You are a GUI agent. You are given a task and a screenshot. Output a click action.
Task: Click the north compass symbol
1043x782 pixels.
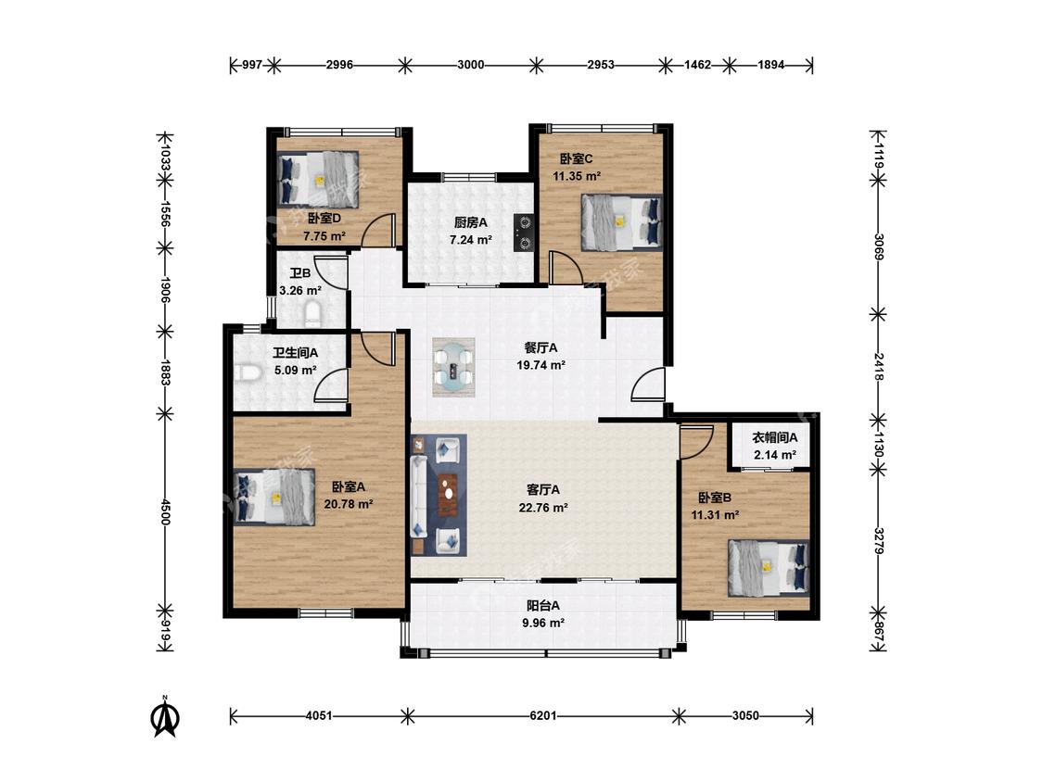point(166,717)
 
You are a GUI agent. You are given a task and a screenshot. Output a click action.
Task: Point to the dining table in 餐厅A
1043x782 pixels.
point(453,368)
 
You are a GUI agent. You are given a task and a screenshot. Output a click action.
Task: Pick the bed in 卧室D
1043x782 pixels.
point(318,179)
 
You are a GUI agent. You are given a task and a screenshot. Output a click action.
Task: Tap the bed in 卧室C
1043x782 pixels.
point(622,222)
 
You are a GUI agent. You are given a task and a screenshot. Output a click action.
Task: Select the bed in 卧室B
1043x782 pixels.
point(769,568)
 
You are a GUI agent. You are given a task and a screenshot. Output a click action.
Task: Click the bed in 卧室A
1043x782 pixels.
point(274,497)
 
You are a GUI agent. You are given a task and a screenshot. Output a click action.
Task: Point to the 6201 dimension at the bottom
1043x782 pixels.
point(542,716)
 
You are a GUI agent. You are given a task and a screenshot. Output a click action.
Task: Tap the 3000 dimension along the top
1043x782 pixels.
point(470,65)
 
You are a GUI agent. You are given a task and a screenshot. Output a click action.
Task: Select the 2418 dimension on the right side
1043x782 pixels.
point(879,366)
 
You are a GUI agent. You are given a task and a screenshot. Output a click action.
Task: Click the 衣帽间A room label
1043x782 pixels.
point(774,437)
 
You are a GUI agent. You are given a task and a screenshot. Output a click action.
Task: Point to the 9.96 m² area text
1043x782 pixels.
point(543,623)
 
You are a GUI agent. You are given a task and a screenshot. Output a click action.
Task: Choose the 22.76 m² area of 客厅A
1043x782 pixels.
point(542,508)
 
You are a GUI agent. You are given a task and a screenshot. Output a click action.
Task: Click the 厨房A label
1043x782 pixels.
point(470,222)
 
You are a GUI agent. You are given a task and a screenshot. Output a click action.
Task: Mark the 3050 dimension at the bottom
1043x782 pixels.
point(745,716)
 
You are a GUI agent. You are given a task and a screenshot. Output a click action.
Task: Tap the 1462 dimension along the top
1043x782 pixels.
point(698,65)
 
